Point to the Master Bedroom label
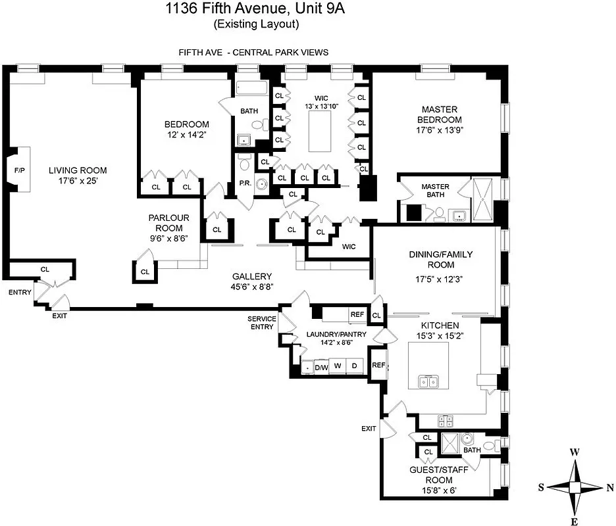pyautogui.click(x=441, y=114)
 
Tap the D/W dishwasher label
pyautogui.click(x=321, y=367)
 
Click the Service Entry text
pyautogui.click(x=261, y=323)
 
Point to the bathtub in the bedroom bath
pyautogui.click(x=250, y=88)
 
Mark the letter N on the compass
pyautogui.click(x=609, y=487)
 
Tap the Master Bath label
pyautogui.click(x=435, y=191)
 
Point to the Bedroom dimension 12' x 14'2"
pyautogui.click(x=186, y=135)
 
